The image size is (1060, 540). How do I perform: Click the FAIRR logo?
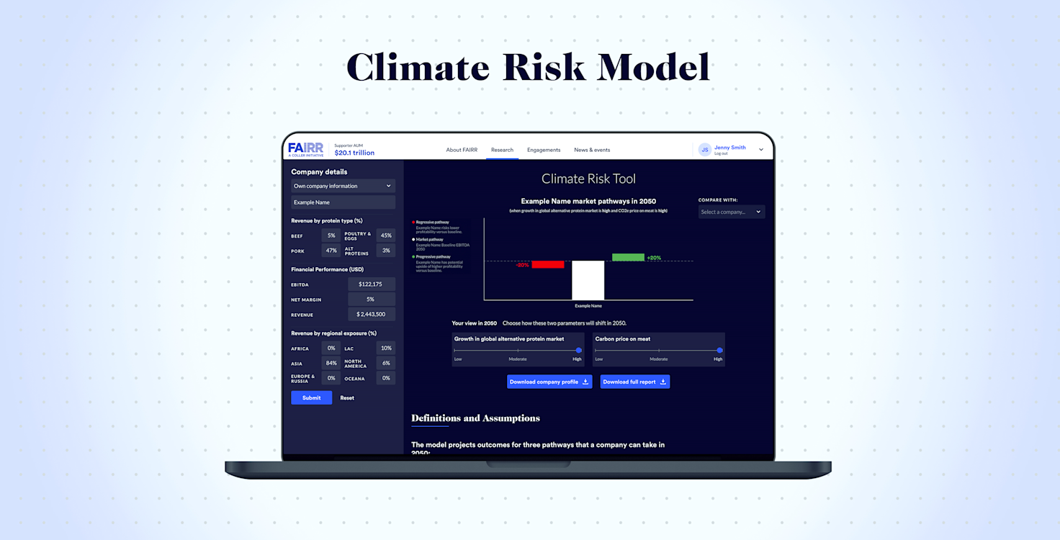point(306,149)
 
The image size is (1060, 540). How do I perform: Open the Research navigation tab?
point(502,150)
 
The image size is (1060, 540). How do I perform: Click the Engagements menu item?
point(544,150)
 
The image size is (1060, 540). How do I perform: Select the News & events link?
point(592,150)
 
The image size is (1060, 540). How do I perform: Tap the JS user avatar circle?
point(704,150)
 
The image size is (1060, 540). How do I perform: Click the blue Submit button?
point(311,397)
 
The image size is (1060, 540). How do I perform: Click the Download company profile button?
point(549,382)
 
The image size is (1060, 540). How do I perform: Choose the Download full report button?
point(635,382)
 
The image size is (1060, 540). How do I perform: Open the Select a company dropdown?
point(731,212)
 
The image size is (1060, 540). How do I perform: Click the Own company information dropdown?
point(343,186)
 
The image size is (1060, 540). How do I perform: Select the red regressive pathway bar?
point(547,264)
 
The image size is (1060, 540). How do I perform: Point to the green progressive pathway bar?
point(628,257)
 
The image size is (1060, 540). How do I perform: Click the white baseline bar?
point(588,280)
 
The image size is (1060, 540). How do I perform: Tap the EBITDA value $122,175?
point(372,284)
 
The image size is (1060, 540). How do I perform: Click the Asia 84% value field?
point(331,363)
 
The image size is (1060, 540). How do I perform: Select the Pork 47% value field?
point(331,251)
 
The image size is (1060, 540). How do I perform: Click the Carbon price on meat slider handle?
point(719,351)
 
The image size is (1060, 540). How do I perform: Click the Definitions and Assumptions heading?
point(475,418)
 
